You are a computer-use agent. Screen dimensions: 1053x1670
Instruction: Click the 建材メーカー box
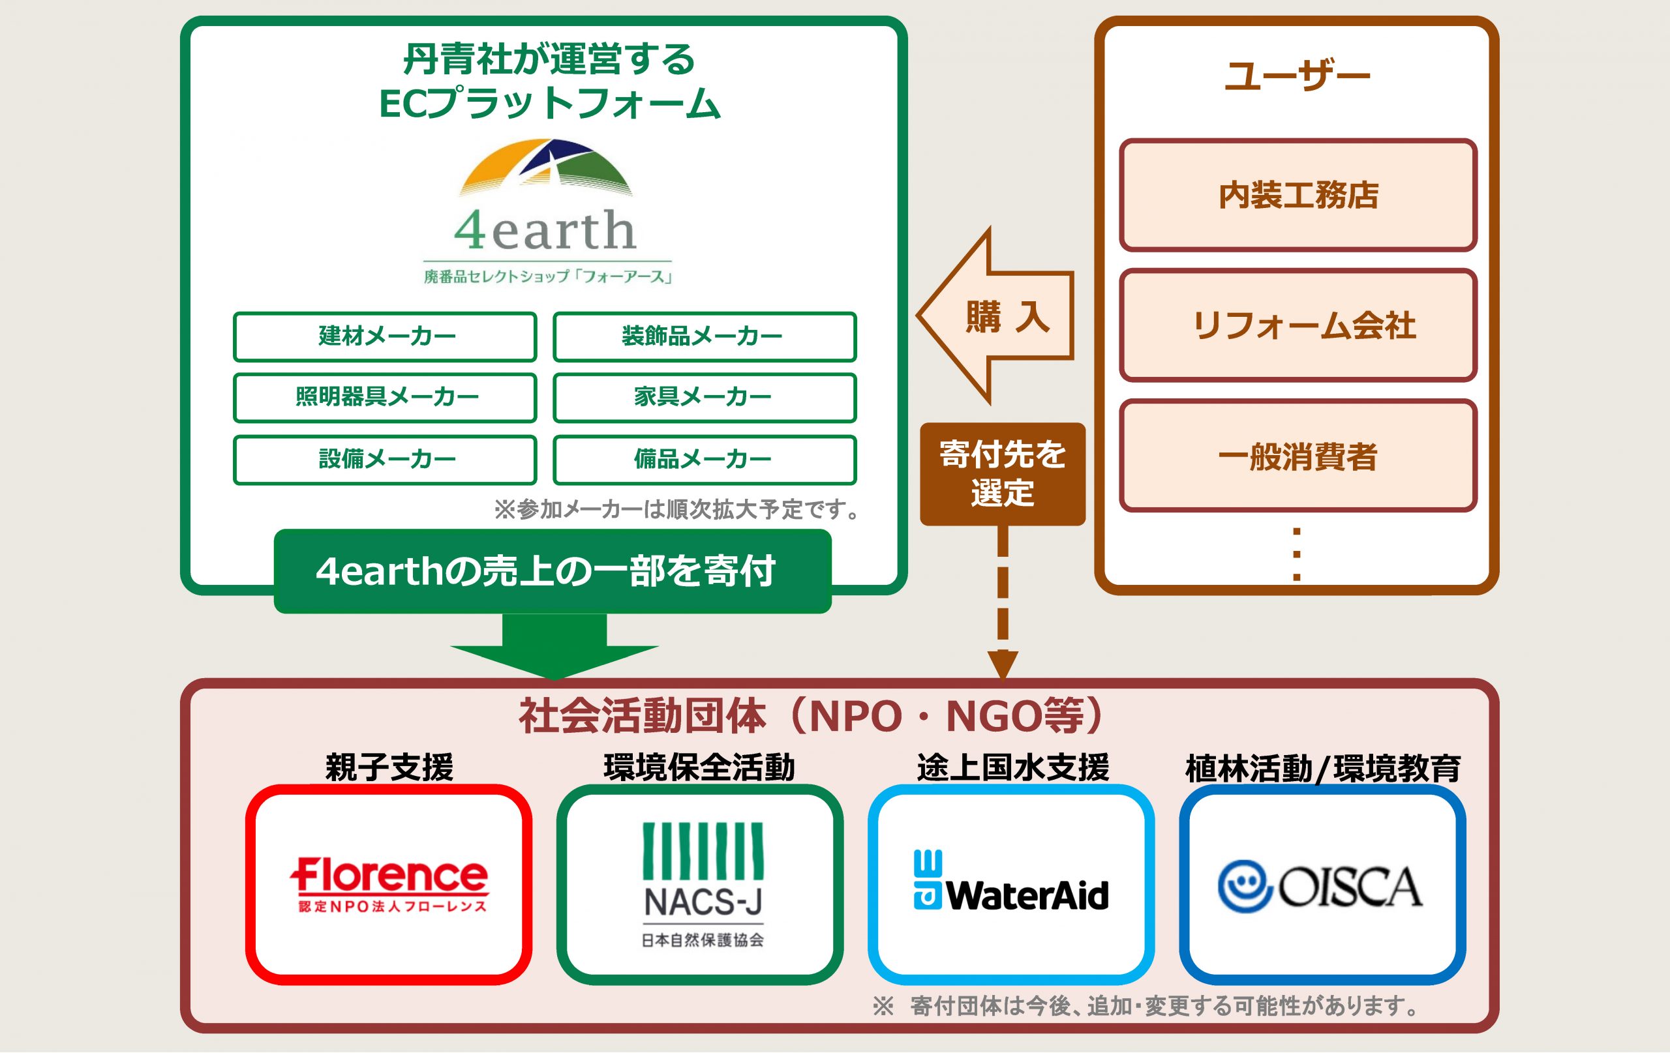(x=385, y=337)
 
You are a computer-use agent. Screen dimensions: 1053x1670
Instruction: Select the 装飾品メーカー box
(x=705, y=337)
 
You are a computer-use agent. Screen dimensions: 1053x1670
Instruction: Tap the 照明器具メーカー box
(x=385, y=398)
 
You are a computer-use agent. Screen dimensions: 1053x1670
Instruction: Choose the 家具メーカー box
(x=705, y=398)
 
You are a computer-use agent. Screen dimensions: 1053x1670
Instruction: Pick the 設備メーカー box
(x=385, y=460)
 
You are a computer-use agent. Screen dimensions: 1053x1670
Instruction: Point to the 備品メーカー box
(x=705, y=460)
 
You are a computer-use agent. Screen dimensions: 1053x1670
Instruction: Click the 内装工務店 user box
(x=1298, y=196)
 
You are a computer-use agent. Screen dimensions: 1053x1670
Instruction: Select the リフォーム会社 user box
(x=1298, y=325)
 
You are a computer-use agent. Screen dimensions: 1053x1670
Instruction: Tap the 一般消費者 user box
(x=1298, y=456)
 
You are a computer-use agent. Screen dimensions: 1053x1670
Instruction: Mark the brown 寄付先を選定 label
(x=1002, y=474)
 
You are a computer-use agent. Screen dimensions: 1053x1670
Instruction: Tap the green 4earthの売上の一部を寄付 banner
(x=553, y=571)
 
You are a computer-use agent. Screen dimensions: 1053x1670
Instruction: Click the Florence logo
(x=389, y=884)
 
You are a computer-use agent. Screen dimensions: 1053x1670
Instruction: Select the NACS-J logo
(x=702, y=884)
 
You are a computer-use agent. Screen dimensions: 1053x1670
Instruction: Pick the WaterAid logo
(x=1011, y=884)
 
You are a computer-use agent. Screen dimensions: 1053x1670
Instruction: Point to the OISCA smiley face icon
(x=1245, y=887)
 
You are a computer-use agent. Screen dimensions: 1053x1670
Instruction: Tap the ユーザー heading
(x=1297, y=76)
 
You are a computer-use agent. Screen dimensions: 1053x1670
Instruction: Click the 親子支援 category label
(x=389, y=767)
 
